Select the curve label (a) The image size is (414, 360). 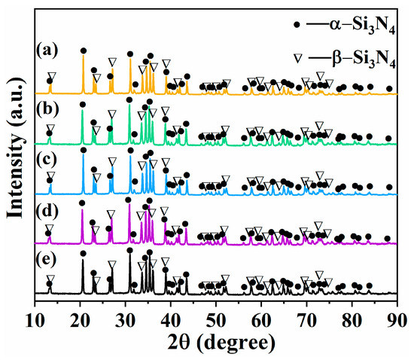tap(47, 50)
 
